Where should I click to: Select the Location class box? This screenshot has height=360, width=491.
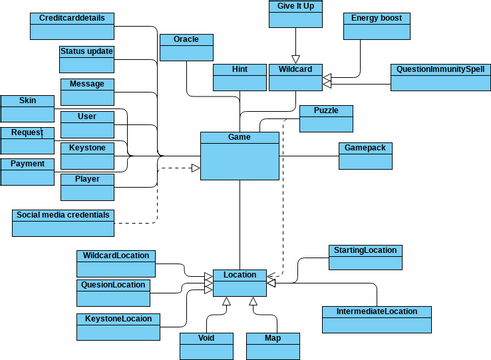point(239,282)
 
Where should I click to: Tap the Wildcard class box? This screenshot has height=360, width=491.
point(296,77)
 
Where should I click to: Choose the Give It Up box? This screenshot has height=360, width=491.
point(296,15)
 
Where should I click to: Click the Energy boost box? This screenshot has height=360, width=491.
point(374,26)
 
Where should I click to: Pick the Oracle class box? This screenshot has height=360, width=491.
point(187,47)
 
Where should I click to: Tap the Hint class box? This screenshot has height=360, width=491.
point(238,77)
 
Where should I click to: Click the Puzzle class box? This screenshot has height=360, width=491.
point(326,117)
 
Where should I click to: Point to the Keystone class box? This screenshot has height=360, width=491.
point(88,155)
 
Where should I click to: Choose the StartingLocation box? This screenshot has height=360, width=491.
point(366,257)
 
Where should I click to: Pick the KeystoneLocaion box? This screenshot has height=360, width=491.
point(117,325)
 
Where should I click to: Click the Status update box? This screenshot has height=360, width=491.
point(87,58)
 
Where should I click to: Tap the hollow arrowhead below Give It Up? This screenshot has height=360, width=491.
point(296,59)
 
